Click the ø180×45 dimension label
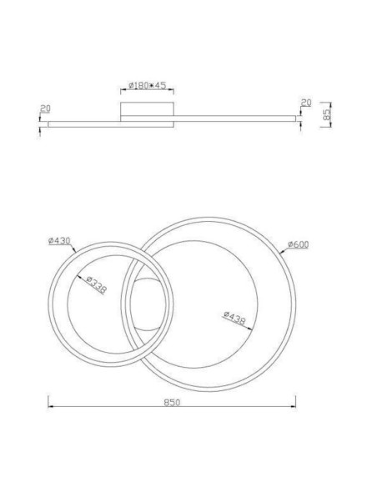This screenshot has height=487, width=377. click(x=147, y=85)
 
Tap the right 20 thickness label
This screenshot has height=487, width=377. click(x=305, y=103)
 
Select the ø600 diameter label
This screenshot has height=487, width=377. click(x=299, y=244)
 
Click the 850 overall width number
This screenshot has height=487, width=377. click(x=172, y=401)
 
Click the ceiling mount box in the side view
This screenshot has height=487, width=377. click(x=147, y=112)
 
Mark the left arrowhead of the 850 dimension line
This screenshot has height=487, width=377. click(x=50, y=407)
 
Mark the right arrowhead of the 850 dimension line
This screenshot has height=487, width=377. click(x=294, y=407)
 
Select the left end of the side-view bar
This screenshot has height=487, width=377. click(x=49, y=124)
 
